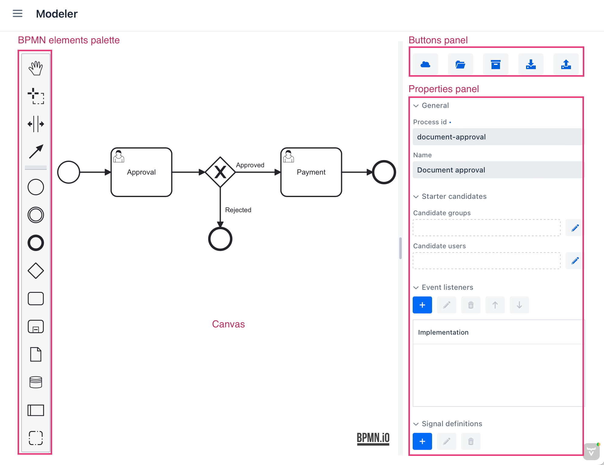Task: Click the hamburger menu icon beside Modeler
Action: (18, 14)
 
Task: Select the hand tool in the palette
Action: (36, 68)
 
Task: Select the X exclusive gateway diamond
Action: (220, 172)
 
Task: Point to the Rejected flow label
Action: (238, 210)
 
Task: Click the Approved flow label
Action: (250, 165)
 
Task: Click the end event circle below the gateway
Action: (220, 239)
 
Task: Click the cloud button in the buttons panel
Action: (425, 64)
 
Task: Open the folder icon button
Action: (460, 64)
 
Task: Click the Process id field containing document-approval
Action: (497, 137)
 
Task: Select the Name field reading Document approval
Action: (497, 170)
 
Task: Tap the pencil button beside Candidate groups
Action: (575, 228)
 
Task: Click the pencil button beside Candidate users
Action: (575, 261)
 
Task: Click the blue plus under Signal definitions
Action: (422, 441)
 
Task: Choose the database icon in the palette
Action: (36, 382)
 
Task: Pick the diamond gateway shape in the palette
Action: (36, 271)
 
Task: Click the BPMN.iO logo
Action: (373, 438)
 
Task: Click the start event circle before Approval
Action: (69, 172)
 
